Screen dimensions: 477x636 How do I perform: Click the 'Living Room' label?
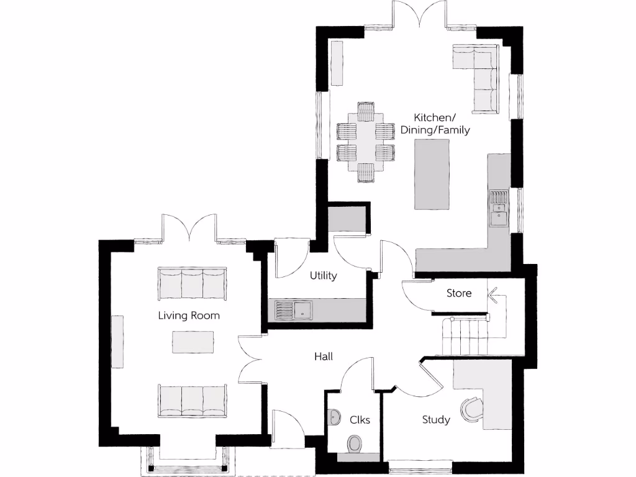click(189, 316)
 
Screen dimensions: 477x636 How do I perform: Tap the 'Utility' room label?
click(323, 276)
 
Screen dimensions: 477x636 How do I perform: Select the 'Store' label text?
click(459, 293)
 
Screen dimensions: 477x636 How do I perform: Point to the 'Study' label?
click(436, 420)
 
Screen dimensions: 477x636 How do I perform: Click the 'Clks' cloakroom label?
click(360, 420)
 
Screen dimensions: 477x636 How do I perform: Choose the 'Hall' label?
click(323, 357)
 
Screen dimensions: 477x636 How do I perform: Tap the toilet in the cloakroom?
click(355, 443)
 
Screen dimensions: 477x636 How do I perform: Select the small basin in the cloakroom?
click(334, 416)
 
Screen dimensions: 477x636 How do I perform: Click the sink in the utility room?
click(304, 309)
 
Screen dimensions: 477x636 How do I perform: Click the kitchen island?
click(432, 175)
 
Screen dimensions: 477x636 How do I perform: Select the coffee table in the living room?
click(193, 342)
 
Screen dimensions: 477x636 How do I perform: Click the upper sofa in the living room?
click(193, 284)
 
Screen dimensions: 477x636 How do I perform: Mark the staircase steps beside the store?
click(466, 335)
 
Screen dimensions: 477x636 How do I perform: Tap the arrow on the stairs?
click(494, 294)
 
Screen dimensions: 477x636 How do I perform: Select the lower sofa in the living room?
click(193, 400)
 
